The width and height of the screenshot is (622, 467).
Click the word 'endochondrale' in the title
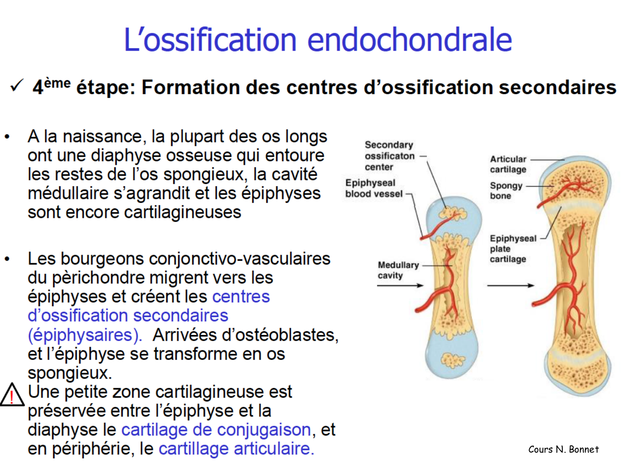[409, 40]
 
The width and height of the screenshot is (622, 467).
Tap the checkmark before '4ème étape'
[17, 86]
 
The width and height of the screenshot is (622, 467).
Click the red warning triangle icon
[12, 395]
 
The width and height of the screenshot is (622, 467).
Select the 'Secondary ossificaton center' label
[389, 156]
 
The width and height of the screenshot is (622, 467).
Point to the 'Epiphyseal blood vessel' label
[374, 188]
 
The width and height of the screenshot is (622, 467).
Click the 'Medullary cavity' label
[398, 270]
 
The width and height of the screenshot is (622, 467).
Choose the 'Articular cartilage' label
[508, 164]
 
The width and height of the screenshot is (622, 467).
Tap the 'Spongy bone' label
[505, 191]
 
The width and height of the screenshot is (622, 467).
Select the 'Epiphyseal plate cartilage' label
[513, 249]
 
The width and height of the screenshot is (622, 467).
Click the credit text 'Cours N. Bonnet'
[563, 449]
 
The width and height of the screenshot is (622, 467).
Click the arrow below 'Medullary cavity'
[400, 286]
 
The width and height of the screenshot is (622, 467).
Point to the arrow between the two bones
[510, 286]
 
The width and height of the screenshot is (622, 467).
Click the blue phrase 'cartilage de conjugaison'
[216, 430]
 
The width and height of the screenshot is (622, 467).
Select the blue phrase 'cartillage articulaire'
[236, 449]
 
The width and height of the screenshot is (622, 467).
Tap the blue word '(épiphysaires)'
[85, 335]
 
